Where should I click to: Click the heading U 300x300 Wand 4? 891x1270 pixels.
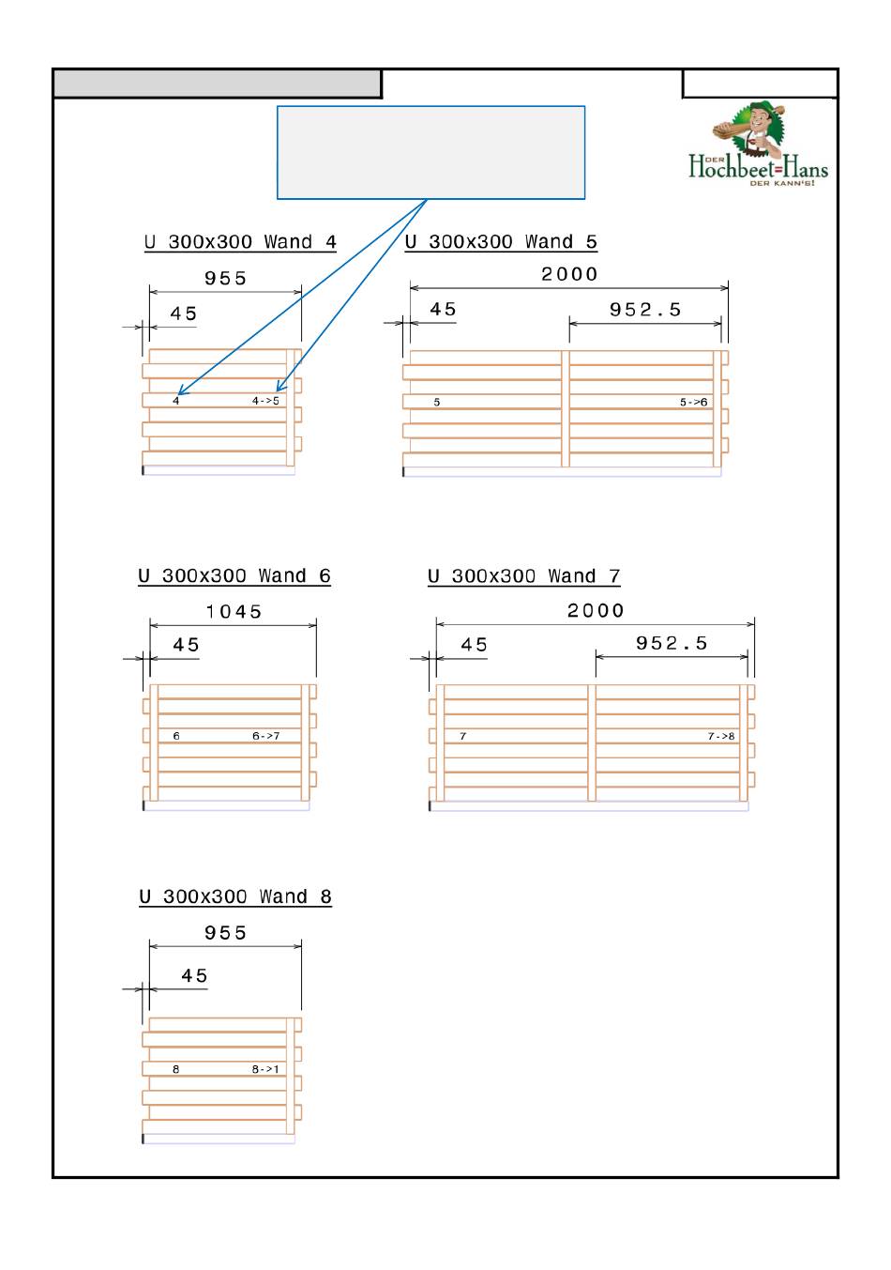tap(240, 242)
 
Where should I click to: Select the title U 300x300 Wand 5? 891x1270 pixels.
tap(501, 242)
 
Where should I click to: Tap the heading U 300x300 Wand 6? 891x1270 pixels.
tap(234, 576)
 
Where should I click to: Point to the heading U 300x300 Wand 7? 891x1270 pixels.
tap(524, 576)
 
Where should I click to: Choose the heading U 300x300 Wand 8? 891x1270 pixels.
tap(235, 897)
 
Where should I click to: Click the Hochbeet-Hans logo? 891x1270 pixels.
tap(759, 145)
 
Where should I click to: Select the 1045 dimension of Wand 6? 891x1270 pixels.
tap(234, 612)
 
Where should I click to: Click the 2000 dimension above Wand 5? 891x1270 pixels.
tap(569, 274)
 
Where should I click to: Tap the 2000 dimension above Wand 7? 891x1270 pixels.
tap(596, 611)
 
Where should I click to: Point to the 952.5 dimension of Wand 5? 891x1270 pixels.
tap(645, 310)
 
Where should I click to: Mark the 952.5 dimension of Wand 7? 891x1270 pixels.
tap(672, 644)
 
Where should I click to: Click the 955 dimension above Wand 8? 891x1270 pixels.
tap(225, 933)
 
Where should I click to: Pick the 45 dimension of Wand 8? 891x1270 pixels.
tap(194, 976)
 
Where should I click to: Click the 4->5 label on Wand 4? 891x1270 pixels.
tap(265, 401)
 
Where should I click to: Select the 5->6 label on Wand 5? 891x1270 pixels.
tap(694, 402)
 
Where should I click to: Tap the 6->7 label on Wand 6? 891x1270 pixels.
tap(265, 736)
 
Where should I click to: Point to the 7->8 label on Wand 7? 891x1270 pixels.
tap(721, 737)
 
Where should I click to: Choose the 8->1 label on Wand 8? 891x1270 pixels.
tap(265, 1069)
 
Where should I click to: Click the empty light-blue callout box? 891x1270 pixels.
tap(430, 152)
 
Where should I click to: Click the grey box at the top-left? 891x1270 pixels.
tap(217, 84)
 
